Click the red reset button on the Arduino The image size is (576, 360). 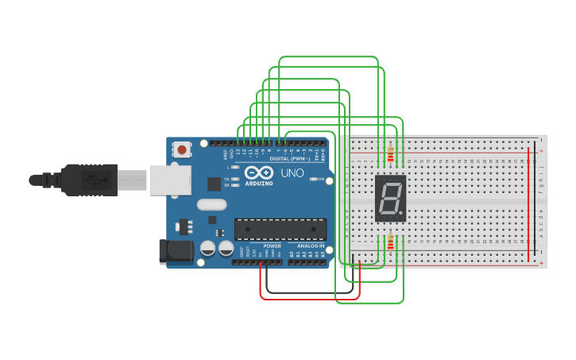tap(183, 149)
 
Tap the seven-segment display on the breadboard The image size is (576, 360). tap(390, 198)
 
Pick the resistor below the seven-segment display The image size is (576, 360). tap(390, 241)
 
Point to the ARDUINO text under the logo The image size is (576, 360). tap(259, 184)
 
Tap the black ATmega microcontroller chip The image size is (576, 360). tap(280, 229)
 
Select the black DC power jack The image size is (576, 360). tap(175, 252)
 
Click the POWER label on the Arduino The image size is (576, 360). tap(272, 246)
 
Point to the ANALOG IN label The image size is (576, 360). tap(311, 246)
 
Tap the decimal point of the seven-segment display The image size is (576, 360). tap(402, 215)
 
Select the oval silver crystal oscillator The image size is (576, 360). tap(211, 204)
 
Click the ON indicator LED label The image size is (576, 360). tap(321, 180)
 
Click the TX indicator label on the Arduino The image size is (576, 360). tap(226, 180)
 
